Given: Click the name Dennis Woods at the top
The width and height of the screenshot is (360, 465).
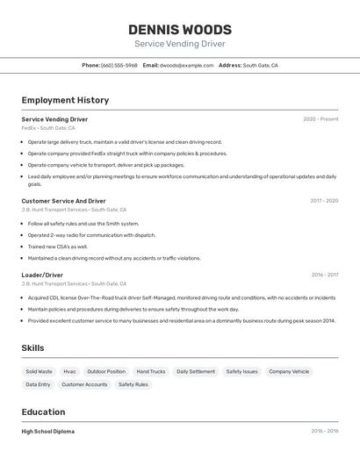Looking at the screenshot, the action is (x=180, y=30).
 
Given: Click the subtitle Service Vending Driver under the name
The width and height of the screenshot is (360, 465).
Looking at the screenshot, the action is (x=180, y=44).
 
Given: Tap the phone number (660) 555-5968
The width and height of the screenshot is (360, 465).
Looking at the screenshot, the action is (x=119, y=65).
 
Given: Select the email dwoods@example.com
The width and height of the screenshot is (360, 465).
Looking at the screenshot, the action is (x=187, y=65).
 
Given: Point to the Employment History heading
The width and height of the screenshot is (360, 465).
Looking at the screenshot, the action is (x=65, y=100).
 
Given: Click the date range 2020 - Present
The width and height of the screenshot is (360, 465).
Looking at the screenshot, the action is (x=320, y=119).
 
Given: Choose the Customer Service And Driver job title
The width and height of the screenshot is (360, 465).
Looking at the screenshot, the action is (x=63, y=200).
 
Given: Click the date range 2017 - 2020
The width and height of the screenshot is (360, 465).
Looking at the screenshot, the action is (x=324, y=200).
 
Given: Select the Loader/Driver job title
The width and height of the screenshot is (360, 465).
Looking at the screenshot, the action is (x=42, y=275).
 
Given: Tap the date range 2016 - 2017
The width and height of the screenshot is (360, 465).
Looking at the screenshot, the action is (x=324, y=275).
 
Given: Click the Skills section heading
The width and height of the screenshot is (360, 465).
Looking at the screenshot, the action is (x=32, y=348).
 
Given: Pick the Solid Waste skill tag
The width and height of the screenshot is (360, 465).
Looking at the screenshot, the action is (x=39, y=371).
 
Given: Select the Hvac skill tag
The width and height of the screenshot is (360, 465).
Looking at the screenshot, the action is (x=69, y=371).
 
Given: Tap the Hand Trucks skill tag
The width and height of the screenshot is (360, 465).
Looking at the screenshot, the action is (x=151, y=371).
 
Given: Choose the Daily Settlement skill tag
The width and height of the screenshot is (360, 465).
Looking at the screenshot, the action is (x=196, y=371).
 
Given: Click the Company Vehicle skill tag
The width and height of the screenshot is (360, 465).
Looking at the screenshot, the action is (x=289, y=371).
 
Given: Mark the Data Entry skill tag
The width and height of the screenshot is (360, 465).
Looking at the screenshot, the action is (x=38, y=384).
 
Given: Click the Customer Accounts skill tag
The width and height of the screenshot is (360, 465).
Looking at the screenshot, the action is (x=84, y=384).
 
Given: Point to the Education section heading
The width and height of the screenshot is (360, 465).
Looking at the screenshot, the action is (x=43, y=411).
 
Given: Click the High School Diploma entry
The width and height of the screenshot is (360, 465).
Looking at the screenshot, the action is (x=48, y=432).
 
